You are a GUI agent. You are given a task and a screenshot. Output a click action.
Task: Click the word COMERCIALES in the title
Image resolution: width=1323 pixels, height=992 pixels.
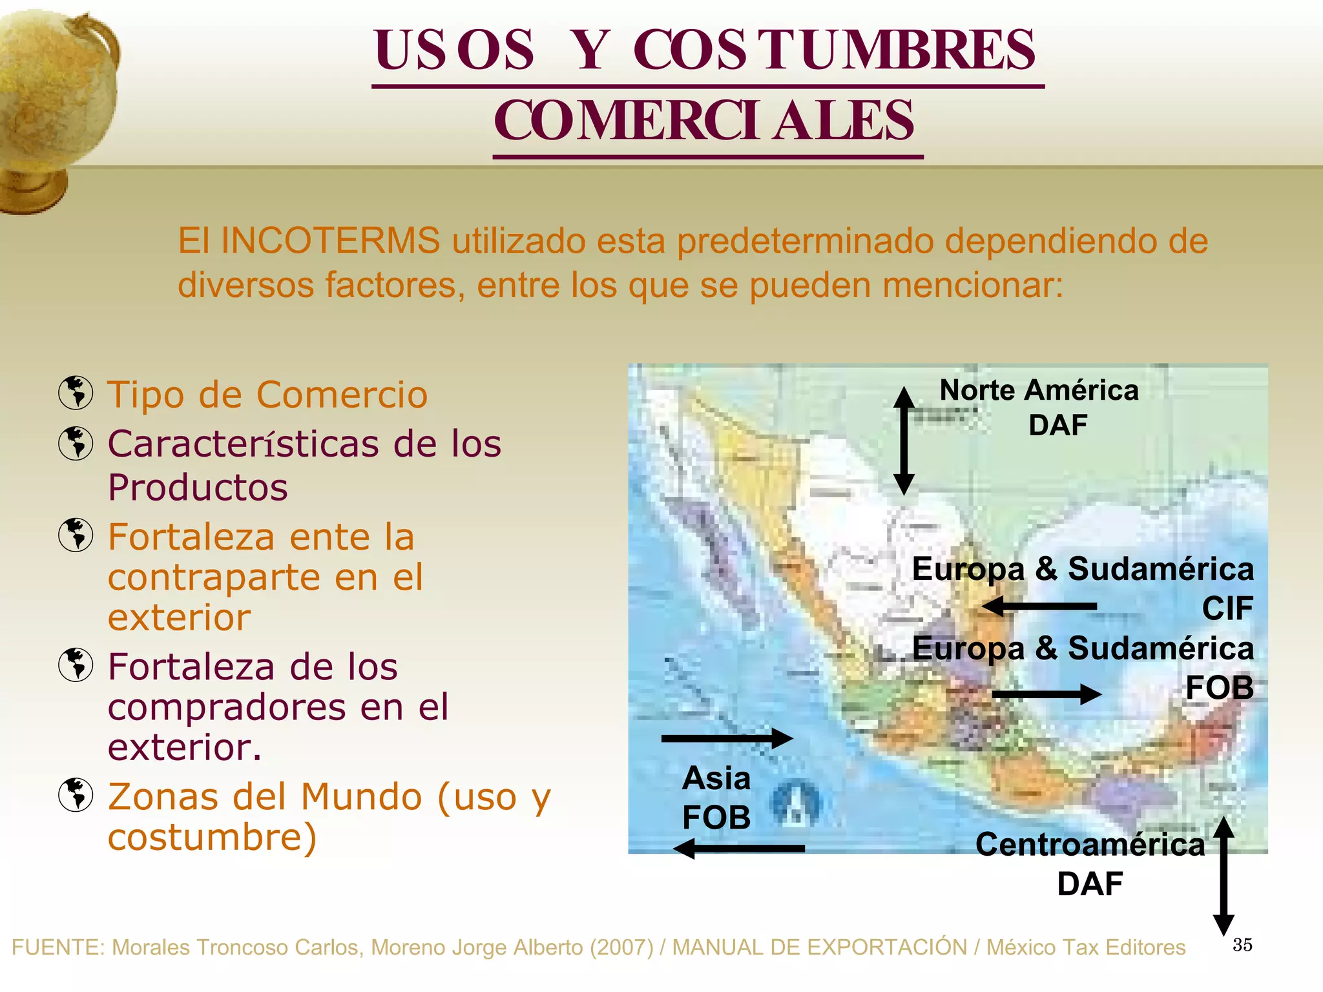click(x=704, y=121)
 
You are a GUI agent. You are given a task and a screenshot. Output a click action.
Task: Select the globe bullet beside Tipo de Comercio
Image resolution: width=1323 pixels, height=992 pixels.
click(x=76, y=393)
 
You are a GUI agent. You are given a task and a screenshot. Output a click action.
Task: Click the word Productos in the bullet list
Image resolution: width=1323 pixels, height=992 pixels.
click(x=198, y=487)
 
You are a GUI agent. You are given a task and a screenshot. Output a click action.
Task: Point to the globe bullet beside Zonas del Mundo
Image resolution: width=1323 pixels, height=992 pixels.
click(x=76, y=794)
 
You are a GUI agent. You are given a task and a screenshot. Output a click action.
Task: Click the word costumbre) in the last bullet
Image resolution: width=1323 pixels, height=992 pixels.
click(x=212, y=837)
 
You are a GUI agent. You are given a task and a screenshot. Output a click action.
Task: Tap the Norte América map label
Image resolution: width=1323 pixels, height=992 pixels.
click(x=1039, y=390)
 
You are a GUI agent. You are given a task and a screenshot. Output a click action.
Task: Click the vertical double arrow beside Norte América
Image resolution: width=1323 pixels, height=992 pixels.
click(x=904, y=441)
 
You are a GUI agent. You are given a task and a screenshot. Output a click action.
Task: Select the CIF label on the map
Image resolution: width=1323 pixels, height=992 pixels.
click(x=1227, y=608)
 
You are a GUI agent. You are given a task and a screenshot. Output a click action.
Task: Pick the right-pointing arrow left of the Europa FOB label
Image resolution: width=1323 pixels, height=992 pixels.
click(x=1047, y=694)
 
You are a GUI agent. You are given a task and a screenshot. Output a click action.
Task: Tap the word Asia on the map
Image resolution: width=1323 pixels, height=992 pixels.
click(x=716, y=778)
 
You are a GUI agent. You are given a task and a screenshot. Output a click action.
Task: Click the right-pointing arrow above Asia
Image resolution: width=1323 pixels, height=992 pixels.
click(x=727, y=738)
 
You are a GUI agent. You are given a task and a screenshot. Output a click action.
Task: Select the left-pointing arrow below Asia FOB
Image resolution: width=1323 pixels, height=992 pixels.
click(x=739, y=848)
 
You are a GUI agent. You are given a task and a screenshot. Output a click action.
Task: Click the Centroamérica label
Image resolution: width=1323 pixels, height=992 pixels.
click(x=1090, y=844)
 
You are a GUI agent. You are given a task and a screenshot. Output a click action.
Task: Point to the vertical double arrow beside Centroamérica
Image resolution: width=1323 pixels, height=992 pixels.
click(x=1224, y=876)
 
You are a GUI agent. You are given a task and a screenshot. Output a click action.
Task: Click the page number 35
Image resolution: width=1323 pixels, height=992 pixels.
click(x=1242, y=945)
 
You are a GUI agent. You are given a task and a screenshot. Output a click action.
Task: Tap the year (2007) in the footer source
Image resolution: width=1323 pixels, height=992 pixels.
click(x=621, y=947)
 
